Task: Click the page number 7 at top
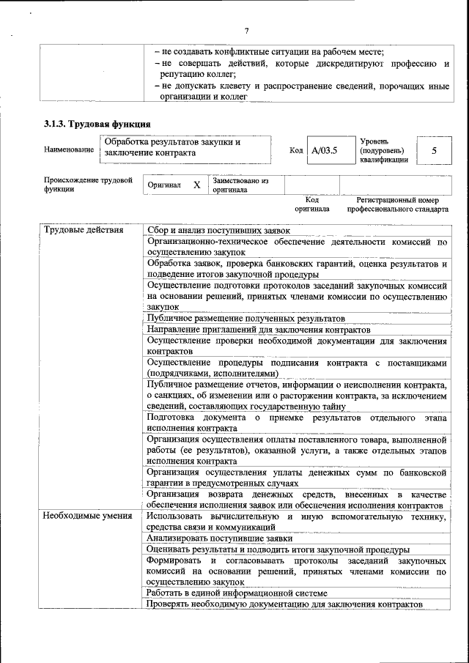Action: coord(246,30)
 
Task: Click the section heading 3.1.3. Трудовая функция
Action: coord(97,124)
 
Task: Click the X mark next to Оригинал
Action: coord(196,185)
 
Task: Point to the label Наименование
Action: coord(69,150)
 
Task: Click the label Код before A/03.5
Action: coord(296,150)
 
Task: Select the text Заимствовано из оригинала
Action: coord(240,185)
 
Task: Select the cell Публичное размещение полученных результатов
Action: coord(245,319)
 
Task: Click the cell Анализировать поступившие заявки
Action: coord(219,538)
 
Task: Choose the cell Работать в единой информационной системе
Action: coord(236,593)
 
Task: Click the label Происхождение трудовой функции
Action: coord(87,185)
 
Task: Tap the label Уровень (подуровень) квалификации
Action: coord(384,150)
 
